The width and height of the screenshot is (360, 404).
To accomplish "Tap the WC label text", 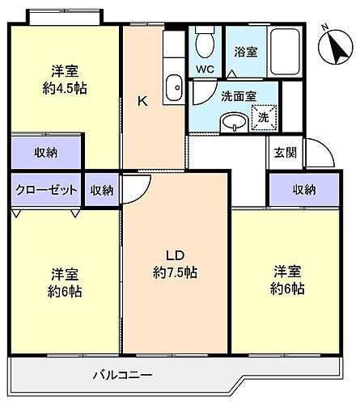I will (x=205, y=69).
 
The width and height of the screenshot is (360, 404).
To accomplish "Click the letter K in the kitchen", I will (x=142, y=101).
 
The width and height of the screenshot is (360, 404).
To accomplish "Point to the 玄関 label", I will (x=284, y=151).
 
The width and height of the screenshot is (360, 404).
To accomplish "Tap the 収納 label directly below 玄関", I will (x=304, y=190).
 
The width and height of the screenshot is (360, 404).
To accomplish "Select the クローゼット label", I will (x=46, y=190).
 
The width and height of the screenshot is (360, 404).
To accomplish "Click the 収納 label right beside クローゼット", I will (x=102, y=190).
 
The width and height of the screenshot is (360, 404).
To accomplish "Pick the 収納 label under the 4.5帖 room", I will (x=46, y=152).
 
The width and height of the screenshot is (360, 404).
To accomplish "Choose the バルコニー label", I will (x=122, y=375).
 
